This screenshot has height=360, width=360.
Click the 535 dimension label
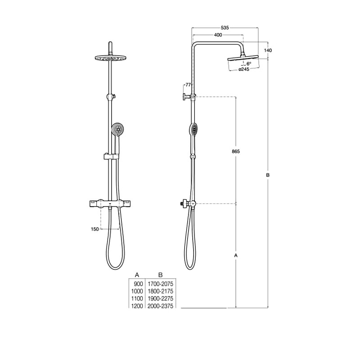225,28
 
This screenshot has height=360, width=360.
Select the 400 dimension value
218,35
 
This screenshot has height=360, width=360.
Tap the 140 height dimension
268,50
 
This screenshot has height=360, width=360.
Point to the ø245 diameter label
244,69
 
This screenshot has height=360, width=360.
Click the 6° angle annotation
249,63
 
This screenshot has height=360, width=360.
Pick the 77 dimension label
188,85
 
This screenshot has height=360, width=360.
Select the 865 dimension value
236,151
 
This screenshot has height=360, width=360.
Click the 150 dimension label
95,229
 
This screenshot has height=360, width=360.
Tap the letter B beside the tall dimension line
268,175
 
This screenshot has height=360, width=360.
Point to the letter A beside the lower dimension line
236,255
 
